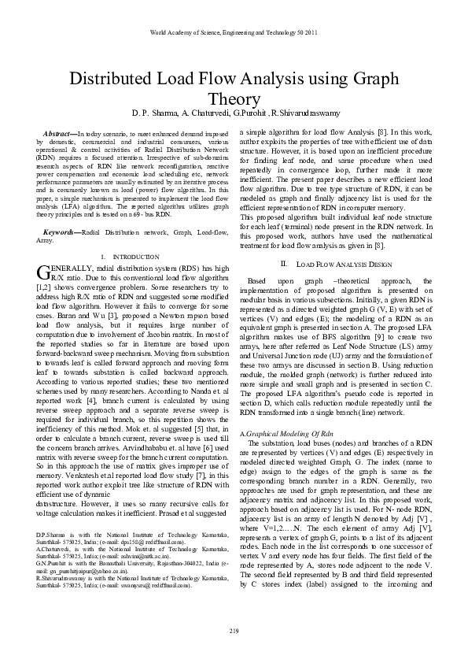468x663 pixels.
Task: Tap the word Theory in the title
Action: point(234,99)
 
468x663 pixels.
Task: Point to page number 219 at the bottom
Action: point(234,631)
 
